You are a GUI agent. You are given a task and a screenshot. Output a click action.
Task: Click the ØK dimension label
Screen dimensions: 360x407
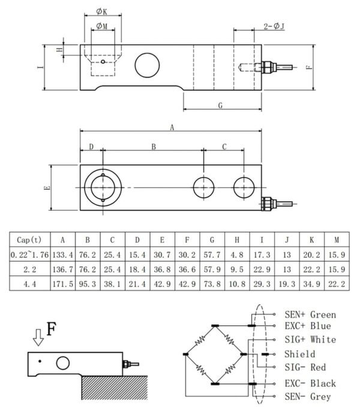[101, 11]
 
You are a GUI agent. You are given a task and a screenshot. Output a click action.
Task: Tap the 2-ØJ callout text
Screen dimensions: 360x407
[274, 26]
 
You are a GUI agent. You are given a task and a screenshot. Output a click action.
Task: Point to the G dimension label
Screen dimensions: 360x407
[220, 106]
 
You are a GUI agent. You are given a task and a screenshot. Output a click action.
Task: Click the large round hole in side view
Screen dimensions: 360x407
[147, 65]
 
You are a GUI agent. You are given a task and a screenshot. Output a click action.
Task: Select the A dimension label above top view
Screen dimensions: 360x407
[172, 127]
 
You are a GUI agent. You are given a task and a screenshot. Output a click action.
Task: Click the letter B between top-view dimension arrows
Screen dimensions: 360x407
[154, 146]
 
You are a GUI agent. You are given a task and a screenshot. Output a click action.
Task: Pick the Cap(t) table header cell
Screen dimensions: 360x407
[29, 240]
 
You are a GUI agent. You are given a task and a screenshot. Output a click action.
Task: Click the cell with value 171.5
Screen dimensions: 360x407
[63, 284]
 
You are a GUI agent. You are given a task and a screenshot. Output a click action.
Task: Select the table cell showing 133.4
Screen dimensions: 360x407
[63, 255]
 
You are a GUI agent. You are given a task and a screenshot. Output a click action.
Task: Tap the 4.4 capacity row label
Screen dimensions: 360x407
[29, 284]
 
